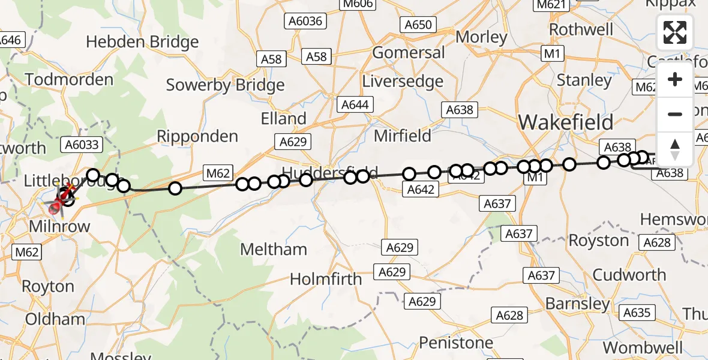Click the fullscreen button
point(675,32)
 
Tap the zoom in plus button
point(675,79)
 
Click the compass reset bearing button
point(675,149)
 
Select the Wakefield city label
point(566,122)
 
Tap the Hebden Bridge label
point(142,42)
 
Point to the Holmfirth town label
point(326,279)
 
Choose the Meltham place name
point(274,249)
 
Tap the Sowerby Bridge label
point(225,85)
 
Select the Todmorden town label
point(69,79)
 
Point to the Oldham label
point(55,319)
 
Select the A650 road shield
point(418,25)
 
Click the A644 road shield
point(355,104)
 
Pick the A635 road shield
point(637,313)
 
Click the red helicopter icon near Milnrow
point(57,206)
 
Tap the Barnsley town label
point(577,304)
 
